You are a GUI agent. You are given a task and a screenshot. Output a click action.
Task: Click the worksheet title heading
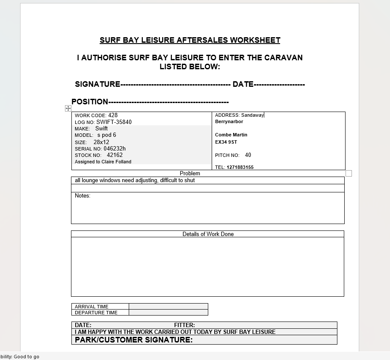pos(190,40)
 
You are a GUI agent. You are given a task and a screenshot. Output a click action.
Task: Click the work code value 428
pos(113,115)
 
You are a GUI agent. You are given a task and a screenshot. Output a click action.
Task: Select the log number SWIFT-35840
pos(114,122)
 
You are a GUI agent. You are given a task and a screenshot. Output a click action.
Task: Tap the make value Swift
pos(101,129)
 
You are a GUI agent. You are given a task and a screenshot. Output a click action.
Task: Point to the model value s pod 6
pos(106,135)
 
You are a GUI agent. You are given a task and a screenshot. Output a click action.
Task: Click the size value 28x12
pos(101,142)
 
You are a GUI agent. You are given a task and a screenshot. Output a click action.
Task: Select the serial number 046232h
pos(115,149)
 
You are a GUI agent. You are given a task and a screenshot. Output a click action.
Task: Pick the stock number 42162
pos(115,155)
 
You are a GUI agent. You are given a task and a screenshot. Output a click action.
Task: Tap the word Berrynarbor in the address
pos(229,122)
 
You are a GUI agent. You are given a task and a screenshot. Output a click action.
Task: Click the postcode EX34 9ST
pos(226,142)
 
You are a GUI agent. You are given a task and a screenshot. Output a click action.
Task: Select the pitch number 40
pos(248,155)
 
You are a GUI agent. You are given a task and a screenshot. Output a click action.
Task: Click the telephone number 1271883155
pos(240,168)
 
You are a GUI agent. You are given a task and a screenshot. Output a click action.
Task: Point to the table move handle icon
pos(68,109)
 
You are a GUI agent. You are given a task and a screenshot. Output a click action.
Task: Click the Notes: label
pos(83,196)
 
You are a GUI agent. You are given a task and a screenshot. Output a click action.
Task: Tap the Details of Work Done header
pos(208,234)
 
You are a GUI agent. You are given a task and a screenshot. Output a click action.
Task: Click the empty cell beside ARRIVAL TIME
pos(168,307)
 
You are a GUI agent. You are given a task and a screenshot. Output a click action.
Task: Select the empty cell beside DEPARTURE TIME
pos(168,313)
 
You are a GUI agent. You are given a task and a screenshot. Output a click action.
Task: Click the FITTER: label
pos(184,325)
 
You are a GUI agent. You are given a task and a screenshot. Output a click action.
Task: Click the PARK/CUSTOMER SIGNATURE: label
pos(133,340)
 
